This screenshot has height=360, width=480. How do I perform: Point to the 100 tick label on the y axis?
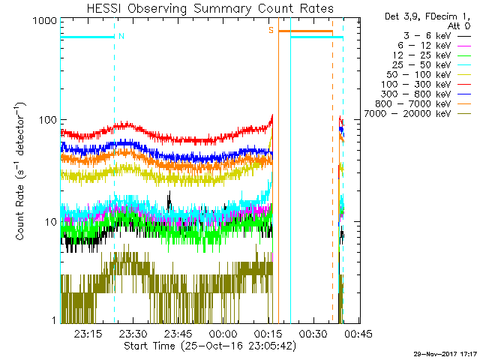[x=46, y=121]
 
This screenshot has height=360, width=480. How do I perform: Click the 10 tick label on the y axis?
[x=49, y=222]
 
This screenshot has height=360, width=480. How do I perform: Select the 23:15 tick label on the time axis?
[x=88, y=334]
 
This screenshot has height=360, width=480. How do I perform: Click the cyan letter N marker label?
[x=121, y=36]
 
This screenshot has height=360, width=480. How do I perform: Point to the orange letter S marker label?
[x=271, y=30]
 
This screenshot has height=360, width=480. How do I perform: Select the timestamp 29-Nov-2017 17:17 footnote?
[x=445, y=353]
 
